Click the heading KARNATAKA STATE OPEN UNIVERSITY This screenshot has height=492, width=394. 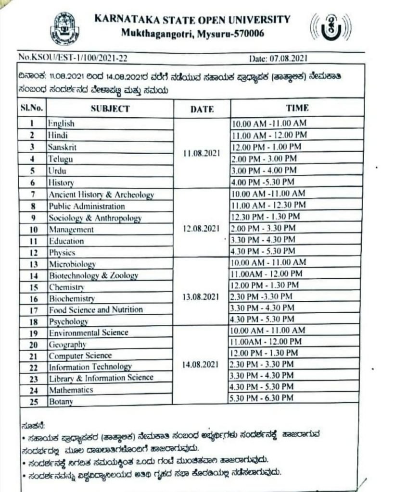pyautogui.click(x=192, y=20)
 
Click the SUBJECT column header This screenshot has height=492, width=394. pyautogui.click(x=110, y=109)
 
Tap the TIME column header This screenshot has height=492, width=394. pyautogui.click(x=297, y=108)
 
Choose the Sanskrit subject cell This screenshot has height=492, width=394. pyautogui.click(x=62, y=147)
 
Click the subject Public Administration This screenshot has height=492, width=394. pyautogui.click(x=87, y=206)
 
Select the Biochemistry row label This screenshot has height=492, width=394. pyautogui.click(x=72, y=299)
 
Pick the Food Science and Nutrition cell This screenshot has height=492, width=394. pyautogui.click(x=96, y=310)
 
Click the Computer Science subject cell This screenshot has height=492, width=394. pyautogui.click(x=80, y=356)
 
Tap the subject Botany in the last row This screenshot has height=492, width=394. pyautogui.click(x=61, y=401)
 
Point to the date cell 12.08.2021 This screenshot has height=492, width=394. pyautogui.click(x=201, y=229)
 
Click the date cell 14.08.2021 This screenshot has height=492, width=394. pyautogui.click(x=201, y=365)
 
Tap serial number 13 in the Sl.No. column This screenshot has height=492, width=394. pyautogui.click(x=34, y=264)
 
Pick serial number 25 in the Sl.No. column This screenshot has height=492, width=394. pyautogui.click(x=34, y=401)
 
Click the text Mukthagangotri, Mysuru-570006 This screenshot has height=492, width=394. pyautogui.click(x=192, y=34)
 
